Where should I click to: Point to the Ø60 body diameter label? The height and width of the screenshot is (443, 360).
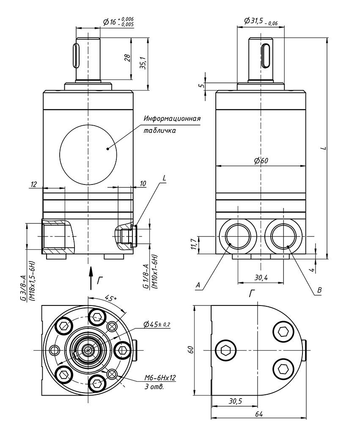click(261, 160)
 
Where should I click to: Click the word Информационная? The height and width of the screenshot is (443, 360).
click(172, 118)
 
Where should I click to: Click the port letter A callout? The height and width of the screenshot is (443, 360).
click(198, 286)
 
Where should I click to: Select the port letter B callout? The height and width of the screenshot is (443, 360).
click(319, 290)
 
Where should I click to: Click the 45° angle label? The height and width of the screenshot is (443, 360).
click(110, 299)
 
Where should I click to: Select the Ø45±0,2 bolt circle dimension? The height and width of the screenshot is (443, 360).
click(159, 324)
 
